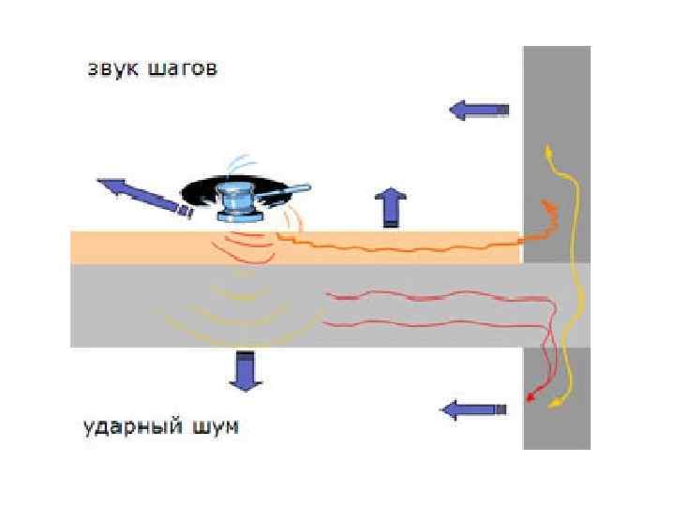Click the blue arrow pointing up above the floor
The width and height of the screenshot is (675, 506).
[389, 206]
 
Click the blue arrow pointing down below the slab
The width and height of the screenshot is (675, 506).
[247, 370]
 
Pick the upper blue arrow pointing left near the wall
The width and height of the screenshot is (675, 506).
[479, 111]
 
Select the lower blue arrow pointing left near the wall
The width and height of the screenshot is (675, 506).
[473, 409]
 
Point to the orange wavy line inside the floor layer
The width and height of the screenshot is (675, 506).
[403, 246]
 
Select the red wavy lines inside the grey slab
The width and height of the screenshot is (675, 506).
[441, 309]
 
